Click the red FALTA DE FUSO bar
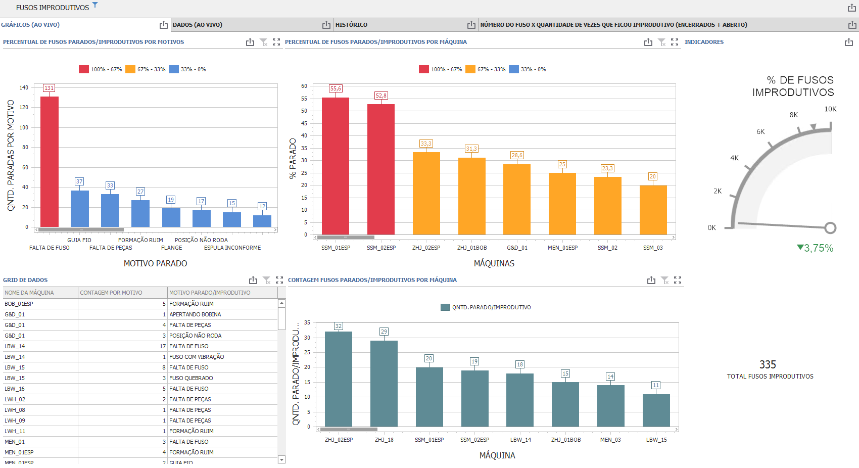(50, 162)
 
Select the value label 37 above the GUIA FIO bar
(79, 181)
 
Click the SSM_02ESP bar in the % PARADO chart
(381, 169)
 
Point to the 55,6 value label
(336, 88)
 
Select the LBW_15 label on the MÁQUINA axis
(656, 440)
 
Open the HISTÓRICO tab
(351, 25)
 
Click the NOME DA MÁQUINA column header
(29, 293)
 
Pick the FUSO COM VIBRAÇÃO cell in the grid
(197, 357)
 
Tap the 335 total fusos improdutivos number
(768, 364)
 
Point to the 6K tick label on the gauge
(760, 132)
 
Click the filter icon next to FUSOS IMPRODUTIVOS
(95, 5)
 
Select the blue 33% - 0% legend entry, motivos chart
(187, 69)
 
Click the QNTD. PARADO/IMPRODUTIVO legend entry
(486, 307)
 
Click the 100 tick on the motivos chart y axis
(24, 127)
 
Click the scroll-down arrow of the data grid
(282, 459)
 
